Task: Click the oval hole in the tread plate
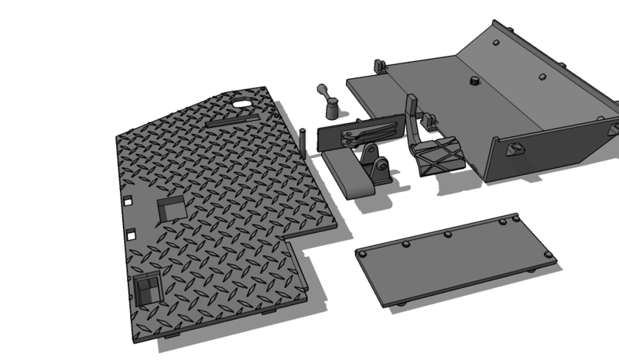(244, 103)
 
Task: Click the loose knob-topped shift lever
(327, 101)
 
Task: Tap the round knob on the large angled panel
(471, 81)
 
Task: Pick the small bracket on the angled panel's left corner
(380, 67)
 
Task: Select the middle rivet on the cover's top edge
(446, 234)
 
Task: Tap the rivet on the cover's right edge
(548, 254)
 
